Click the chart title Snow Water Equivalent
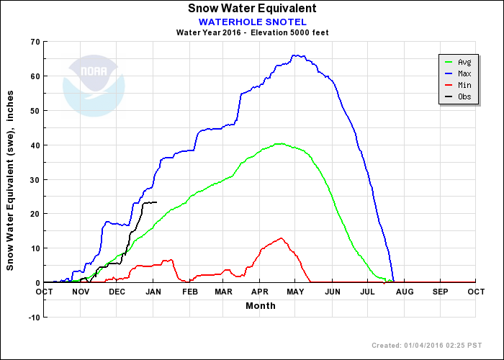(252, 9)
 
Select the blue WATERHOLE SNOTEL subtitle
(252, 22)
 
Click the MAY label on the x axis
(295, 292)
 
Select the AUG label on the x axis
(404, 292)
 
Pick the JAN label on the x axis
(153, 292)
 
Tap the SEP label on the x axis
(440, 292)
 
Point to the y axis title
(10, 180)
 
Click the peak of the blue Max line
(294, 55)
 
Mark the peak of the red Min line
(281, 238)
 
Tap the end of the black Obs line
(156, 202)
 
